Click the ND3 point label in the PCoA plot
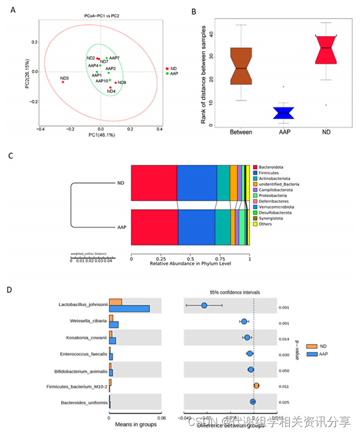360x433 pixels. click(64, 79)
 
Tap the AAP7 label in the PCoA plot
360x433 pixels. click(115, 58)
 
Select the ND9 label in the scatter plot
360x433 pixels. click(122, 82)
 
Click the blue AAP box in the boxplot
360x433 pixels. click(283, 113)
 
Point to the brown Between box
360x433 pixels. click(240, 67)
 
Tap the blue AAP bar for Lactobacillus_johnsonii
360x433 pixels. click(129, 308)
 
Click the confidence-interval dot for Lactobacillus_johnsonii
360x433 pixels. click(204, 305)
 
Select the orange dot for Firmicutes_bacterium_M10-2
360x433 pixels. click(256, 386)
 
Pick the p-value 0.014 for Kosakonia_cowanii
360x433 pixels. click(284, 338)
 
